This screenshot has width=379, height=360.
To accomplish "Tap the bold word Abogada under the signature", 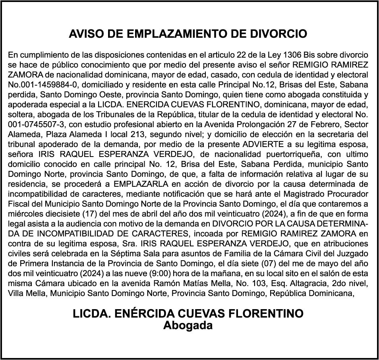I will point(188,325).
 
